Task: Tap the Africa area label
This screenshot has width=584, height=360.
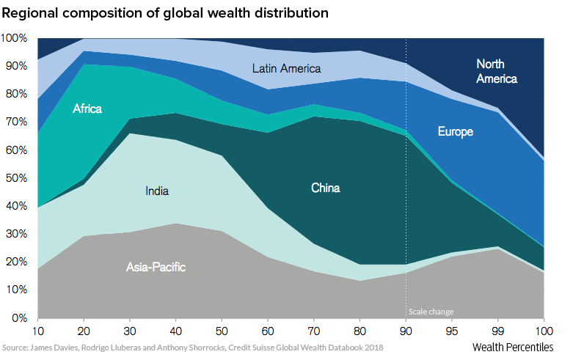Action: coord(87,109)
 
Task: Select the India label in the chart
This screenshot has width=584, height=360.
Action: coord(157,191)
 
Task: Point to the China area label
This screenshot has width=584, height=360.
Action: coord(325,188)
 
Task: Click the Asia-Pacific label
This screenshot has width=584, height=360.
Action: coord(156,268)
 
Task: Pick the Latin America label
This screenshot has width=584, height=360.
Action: coord(286,68)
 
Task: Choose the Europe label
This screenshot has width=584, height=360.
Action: coord(456,132)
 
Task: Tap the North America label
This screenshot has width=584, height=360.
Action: coord(497,71)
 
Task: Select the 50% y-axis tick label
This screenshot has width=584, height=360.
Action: coord(16,178)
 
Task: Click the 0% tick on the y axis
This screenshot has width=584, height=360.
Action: coord(19,318)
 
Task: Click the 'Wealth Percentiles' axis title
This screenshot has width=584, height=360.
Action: coord(513,346)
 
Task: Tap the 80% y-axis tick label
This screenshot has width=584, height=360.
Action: coord(16,94)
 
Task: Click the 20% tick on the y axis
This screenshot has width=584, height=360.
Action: coord(16,262)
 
